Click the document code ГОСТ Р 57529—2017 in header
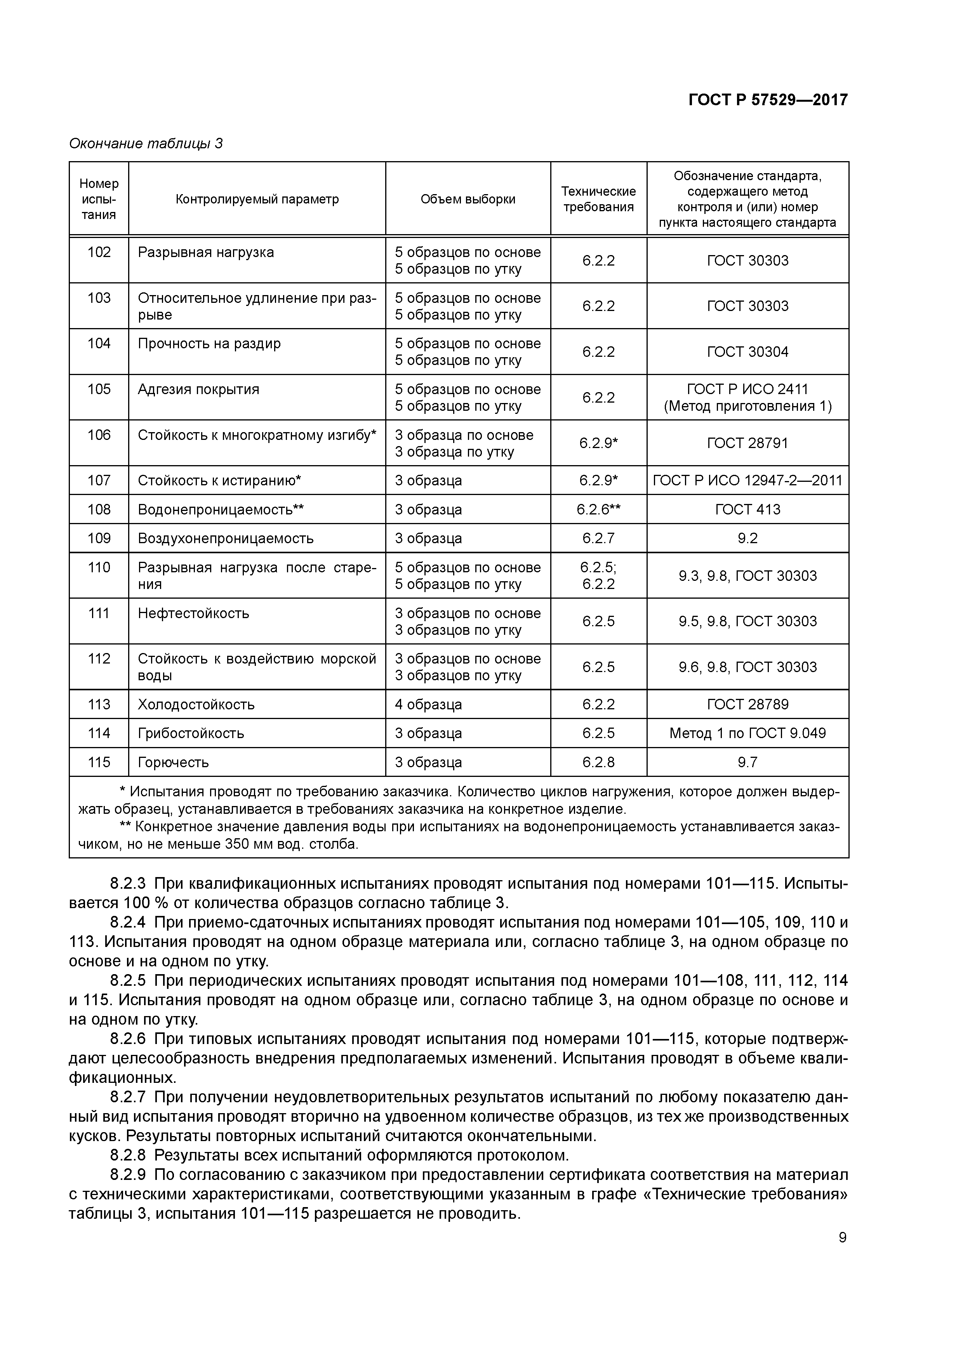click(767, 100)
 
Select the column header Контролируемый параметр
click(257, 199)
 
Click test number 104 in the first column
click(99, 344)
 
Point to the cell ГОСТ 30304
click(747, 352)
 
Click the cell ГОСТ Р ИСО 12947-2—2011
click(747, 481)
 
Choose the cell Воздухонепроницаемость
click(226, 539)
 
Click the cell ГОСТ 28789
click(747, 704)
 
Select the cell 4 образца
click(428, 704)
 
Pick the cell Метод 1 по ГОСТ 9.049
click(747, 733)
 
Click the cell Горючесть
click(173, 762)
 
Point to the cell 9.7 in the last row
click(747, 762)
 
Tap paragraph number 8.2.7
click(128, 1098)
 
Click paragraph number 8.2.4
click(128, 922)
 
